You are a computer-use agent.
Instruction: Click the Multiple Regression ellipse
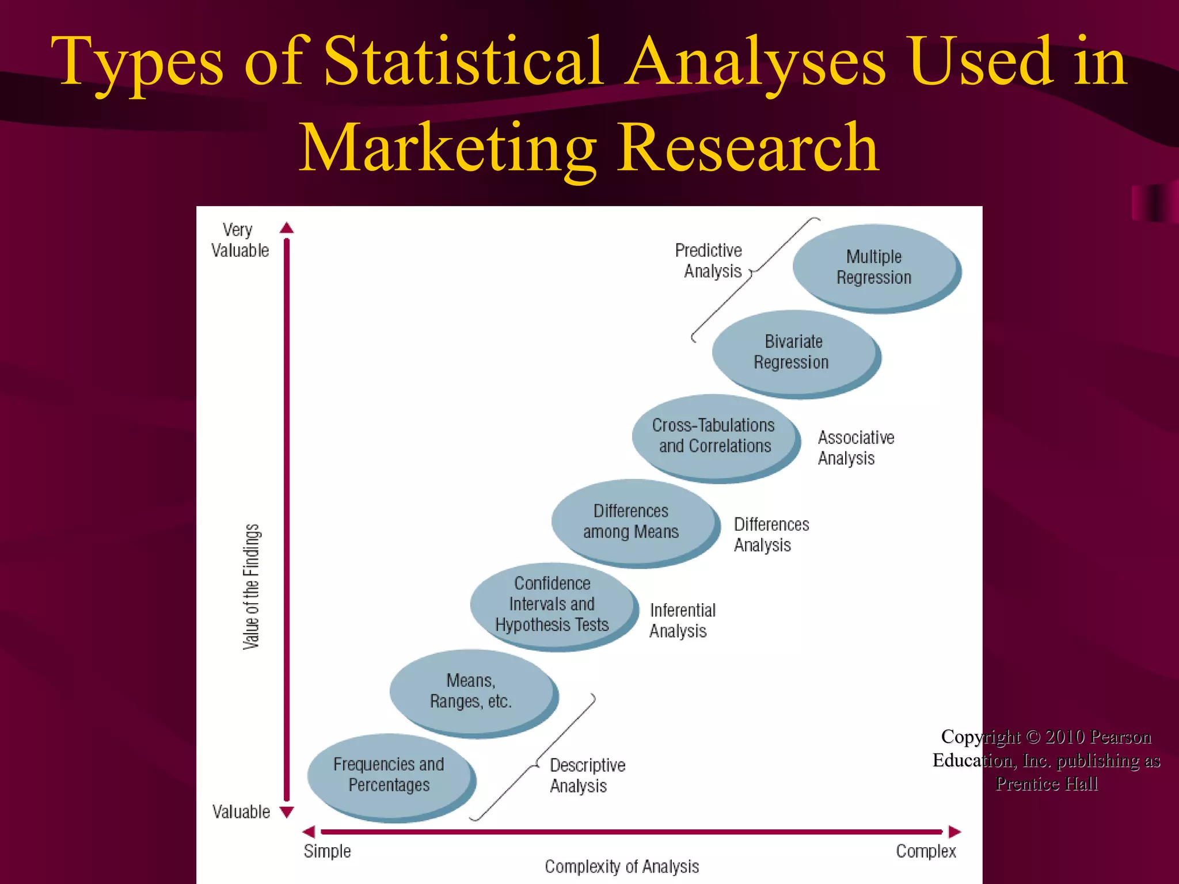click(874, 267)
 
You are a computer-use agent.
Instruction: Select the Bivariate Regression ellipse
click(793, 352)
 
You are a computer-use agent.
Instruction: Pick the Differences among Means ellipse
click(632, 521)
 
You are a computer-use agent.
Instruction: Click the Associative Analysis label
click(855, 448)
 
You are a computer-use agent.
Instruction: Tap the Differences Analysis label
click(771, 535)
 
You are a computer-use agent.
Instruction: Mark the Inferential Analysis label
click(682, 620)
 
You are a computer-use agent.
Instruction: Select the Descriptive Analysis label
click(587, 775)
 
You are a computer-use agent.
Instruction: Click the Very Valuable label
click(239, 240)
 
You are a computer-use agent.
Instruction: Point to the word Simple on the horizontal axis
click(327, 851)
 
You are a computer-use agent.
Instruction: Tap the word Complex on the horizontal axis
click(926, 851)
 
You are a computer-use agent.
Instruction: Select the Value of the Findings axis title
click(252, 587)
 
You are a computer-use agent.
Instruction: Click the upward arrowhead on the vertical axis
click(287, 228)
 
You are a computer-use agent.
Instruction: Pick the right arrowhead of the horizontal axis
click(955, 832)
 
